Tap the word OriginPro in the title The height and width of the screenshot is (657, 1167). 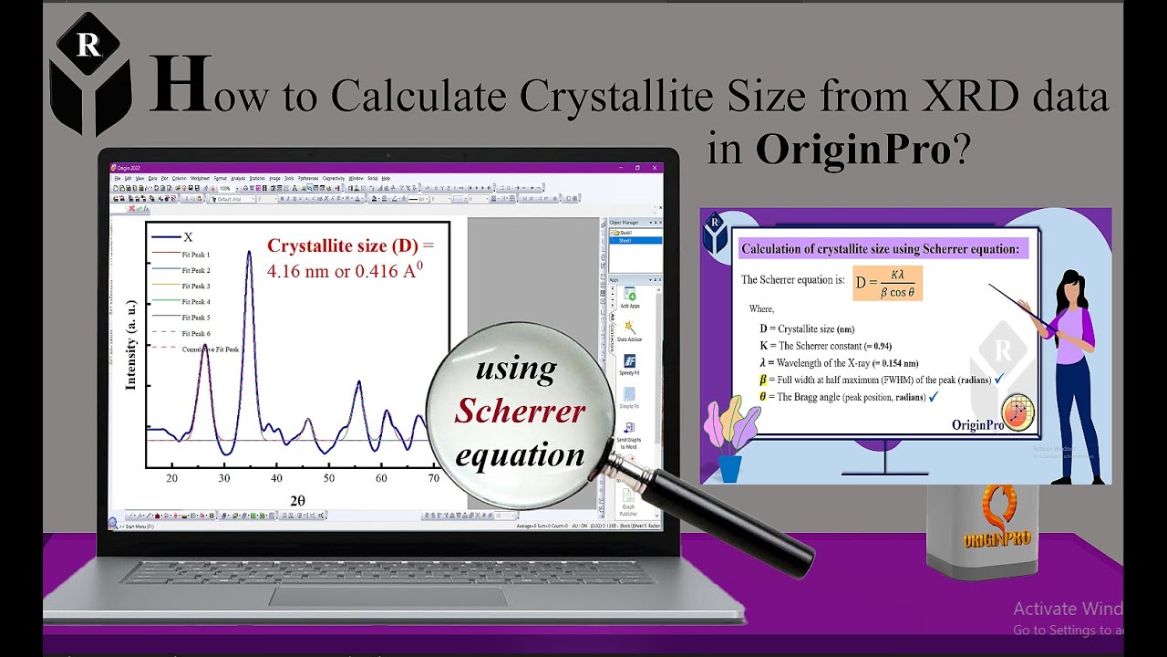(x=852, y=149)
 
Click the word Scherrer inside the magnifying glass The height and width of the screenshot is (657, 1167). (x=520, y=412)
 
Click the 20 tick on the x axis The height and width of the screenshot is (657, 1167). (x=171, y=478)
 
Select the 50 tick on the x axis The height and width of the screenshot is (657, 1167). (x=329, y=478)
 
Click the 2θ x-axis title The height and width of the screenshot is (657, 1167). (x=297, y=500)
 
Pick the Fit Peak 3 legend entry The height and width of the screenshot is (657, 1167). (x=196, y=287)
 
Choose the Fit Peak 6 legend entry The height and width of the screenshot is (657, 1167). (x=196, y=333)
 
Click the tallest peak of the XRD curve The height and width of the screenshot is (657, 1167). (x=248, y=254)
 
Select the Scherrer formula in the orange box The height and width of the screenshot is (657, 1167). (x=887, y=283)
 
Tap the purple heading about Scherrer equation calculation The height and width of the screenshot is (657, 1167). (x=880, y=248)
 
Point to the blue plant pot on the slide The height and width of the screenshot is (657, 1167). (x=729, y=467)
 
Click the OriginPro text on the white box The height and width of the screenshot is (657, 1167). (x=997, y=538)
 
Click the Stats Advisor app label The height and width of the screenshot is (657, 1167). (x=629, y=339)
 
